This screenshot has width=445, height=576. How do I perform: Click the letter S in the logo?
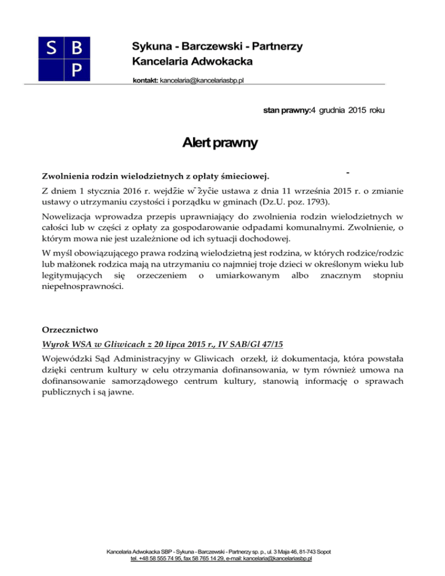coord(50,49)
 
